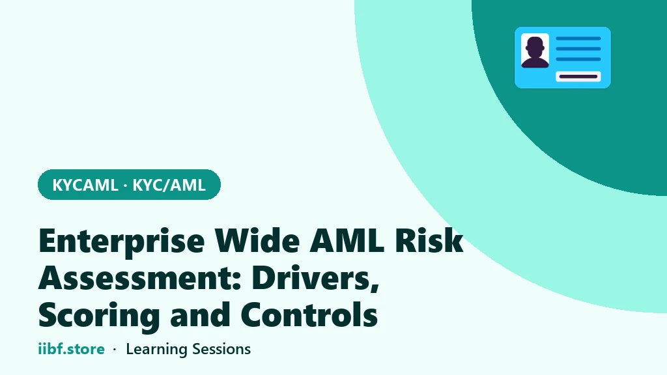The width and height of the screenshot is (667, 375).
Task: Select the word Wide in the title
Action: coord(257,240)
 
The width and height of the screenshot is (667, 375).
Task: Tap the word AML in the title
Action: coord(347,241)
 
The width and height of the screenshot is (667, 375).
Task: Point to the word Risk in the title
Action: coord(429,240)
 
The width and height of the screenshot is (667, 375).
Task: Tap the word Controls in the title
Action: coord(309,314)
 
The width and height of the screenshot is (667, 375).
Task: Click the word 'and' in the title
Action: coord(200,314)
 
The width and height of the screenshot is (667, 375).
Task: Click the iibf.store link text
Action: coord(72,349)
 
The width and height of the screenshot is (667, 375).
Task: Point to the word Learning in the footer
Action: coord(156,350)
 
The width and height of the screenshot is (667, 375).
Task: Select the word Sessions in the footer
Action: coord(221,350)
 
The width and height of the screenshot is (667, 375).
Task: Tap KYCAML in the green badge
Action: coord(85,186)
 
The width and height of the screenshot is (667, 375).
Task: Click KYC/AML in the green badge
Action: coord(169,186)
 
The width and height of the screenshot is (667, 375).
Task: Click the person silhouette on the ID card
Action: coord(535,52)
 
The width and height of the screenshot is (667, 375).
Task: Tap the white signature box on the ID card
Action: coord(578,77)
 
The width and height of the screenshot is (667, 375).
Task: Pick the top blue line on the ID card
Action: coord(578,38)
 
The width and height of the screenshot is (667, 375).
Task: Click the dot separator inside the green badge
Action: coord(125,186)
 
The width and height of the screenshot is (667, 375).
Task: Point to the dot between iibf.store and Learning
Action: coord(115,350)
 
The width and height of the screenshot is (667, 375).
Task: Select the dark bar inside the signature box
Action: coord(578,77)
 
